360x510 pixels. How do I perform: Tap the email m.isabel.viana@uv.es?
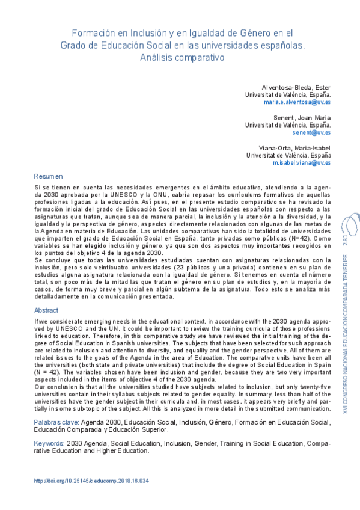[x=301, y=162]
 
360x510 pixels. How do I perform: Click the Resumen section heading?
[x=48, y=177]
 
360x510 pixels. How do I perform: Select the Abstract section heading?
[x=46, y=310]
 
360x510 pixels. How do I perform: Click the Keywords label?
[x=50, y=443]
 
